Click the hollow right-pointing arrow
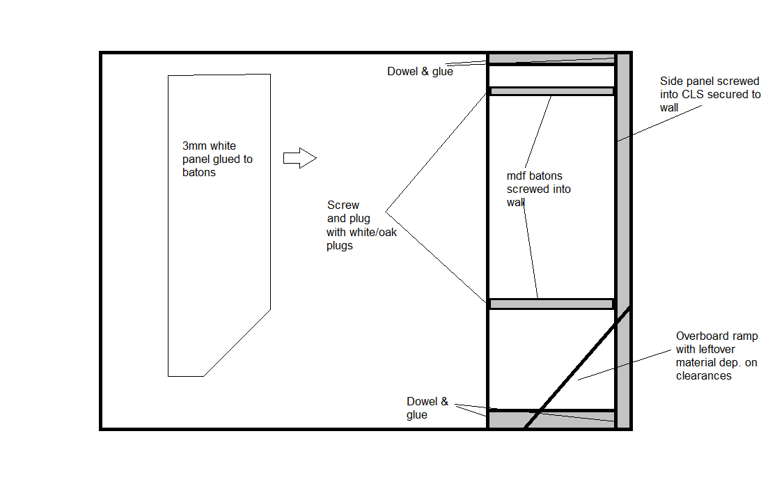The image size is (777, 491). pos(300,158)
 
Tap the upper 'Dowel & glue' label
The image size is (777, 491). pos(420,71)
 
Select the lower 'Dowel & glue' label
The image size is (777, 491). pos(427,407)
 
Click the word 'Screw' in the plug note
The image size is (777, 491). pos(343,205)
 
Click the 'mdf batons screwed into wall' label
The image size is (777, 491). pos(538,189)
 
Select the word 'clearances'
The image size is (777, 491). pos(704,375)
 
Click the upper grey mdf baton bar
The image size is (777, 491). pos(551,91)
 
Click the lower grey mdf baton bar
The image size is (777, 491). pos(551,304)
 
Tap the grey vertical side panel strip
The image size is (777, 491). pos(623,241)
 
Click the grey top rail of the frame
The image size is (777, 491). pos(551,59)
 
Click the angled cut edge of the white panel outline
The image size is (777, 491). pos(237,343)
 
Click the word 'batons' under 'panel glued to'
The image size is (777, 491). pos(198,173)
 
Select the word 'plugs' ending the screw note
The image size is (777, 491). pos(340,246)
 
